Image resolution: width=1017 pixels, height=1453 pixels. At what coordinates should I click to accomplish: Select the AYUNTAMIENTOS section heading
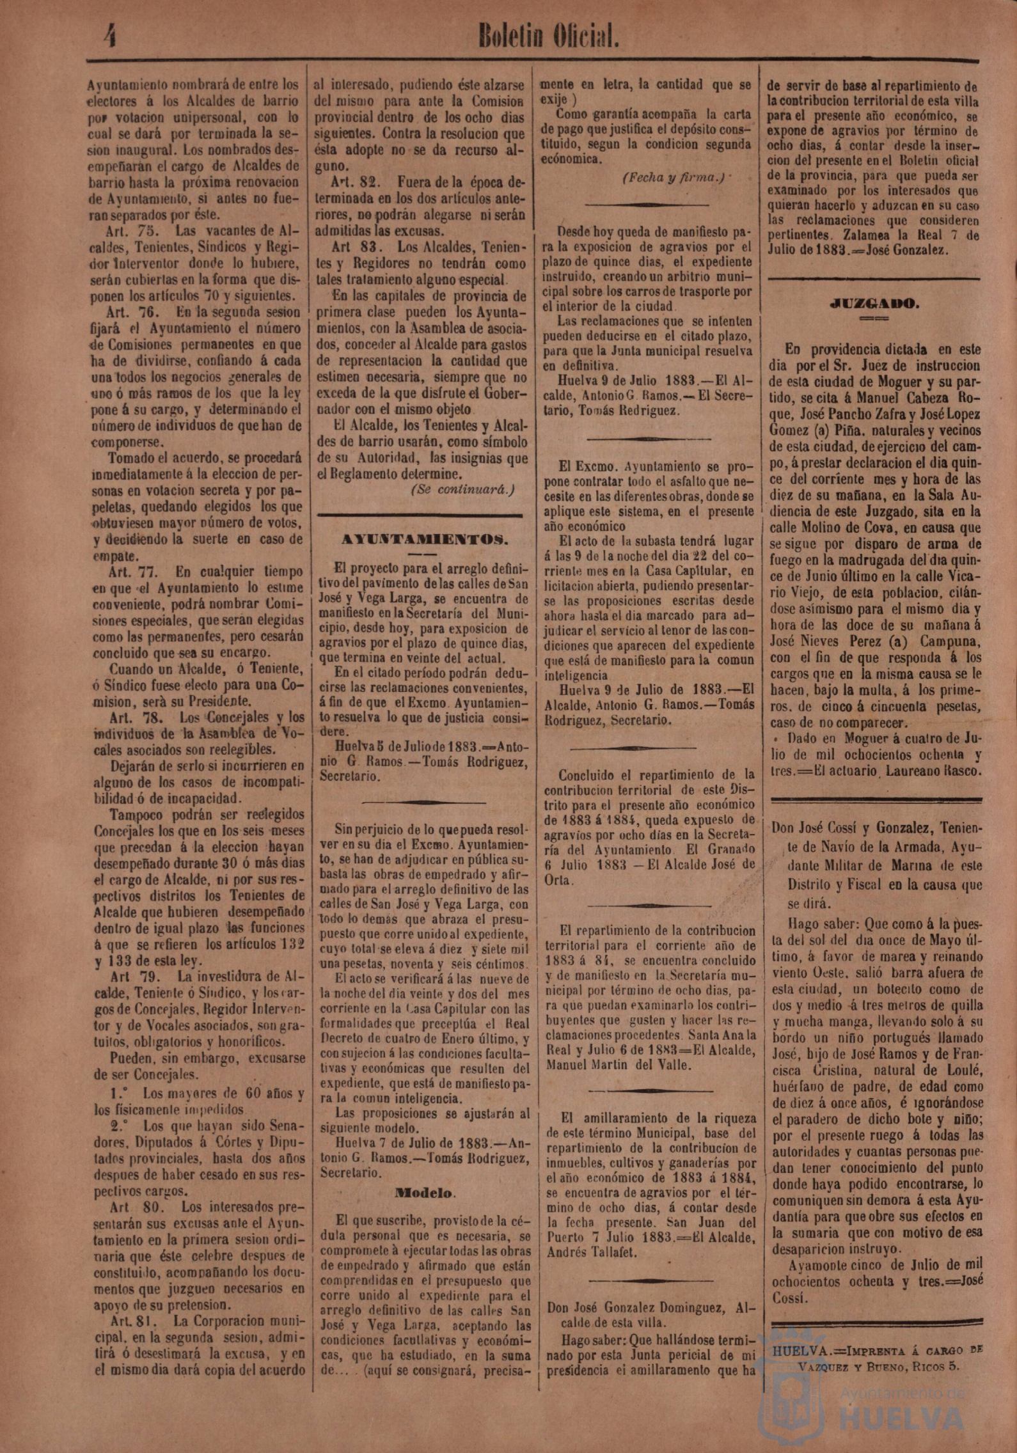(425, 538)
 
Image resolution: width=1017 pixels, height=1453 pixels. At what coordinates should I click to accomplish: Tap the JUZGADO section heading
(875, 304)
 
